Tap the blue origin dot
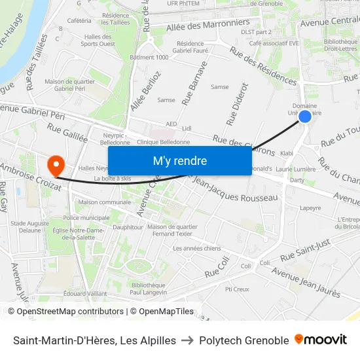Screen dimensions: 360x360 (x=305, y=117)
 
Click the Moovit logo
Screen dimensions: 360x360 (x=320, y=340)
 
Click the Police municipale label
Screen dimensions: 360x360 (x=86, y=217)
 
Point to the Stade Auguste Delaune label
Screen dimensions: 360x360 (x=29, y=226)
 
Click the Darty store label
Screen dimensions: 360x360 (x=297, y=179)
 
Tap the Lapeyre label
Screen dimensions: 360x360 (x=310, y=208)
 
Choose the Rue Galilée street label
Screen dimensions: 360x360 (x=67, y=134)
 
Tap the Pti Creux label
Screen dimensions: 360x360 (x=237, y=289)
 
